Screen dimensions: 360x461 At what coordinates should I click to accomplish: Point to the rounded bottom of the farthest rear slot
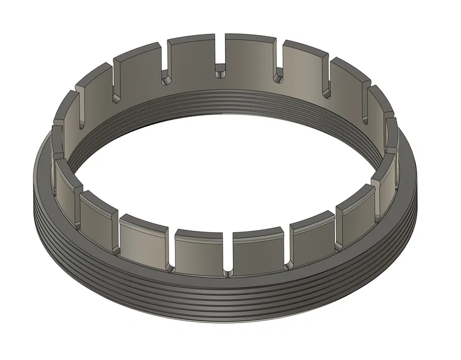[221, 73]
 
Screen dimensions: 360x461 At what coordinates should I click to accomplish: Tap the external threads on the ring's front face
[230, 302]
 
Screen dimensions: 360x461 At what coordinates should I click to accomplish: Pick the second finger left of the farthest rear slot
[138, 72]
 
